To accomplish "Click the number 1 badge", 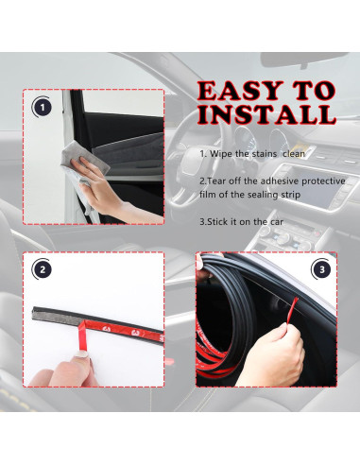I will click(42, 107).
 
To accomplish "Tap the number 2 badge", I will click(42, 269).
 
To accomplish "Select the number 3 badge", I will click(322, 269).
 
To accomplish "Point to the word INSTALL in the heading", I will click(266, 116).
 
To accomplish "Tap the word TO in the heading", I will click(314, 92).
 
